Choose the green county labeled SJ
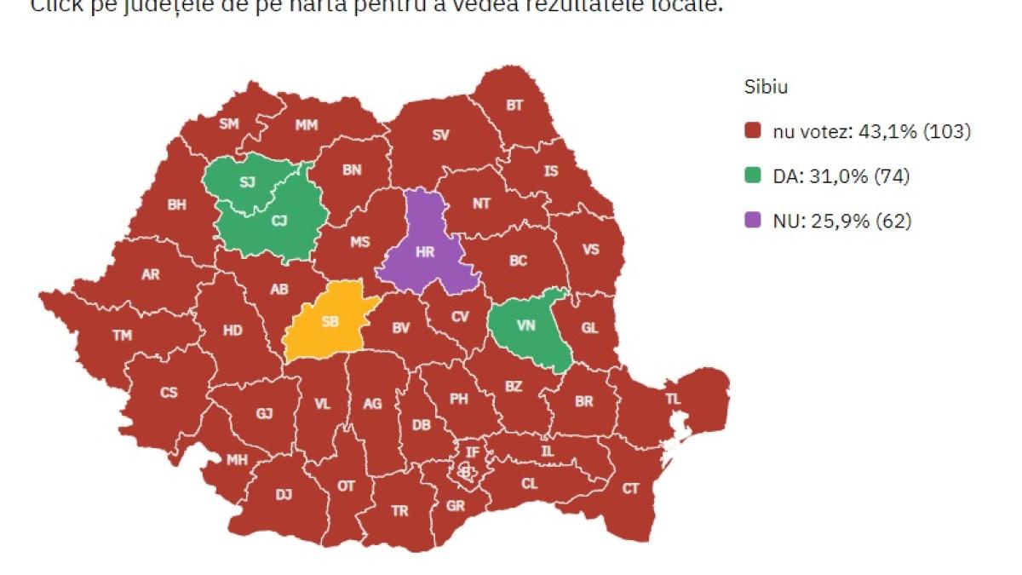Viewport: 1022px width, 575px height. tap(247, 182)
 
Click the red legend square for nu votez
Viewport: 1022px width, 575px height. tap(751, 132)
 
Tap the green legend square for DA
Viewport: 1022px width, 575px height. tap(751, 176)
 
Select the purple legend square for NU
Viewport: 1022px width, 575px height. tap(751, 221)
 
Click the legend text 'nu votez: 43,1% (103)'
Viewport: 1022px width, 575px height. tap(871, 132)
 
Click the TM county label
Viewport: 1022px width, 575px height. tap(123, 336)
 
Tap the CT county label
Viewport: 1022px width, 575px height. tap(630, 488)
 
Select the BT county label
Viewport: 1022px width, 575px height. tap(515, 106)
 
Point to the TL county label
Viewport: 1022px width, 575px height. tap(673, 398)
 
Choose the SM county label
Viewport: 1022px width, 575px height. tap(229, 124)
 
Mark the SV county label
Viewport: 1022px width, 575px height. tap(440, 135)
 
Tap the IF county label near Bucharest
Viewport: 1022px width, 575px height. tap(472, 451)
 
